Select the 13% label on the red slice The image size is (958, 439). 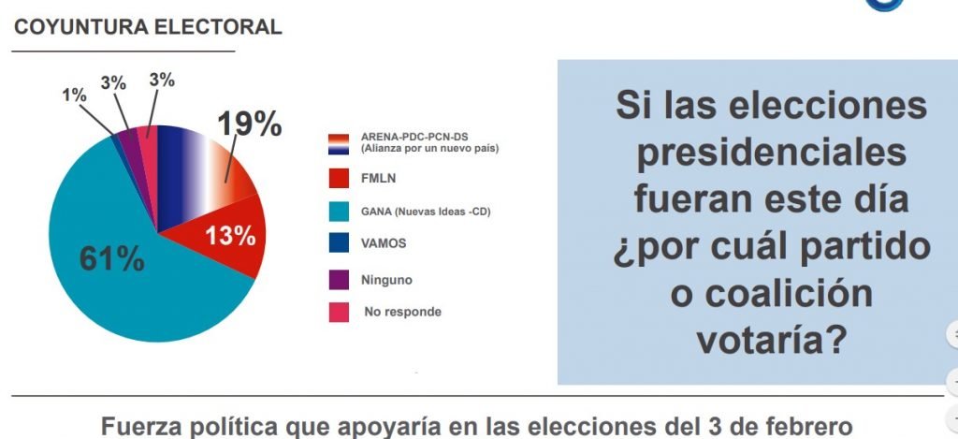point(230,236)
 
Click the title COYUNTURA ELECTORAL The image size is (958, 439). point(148,27)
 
